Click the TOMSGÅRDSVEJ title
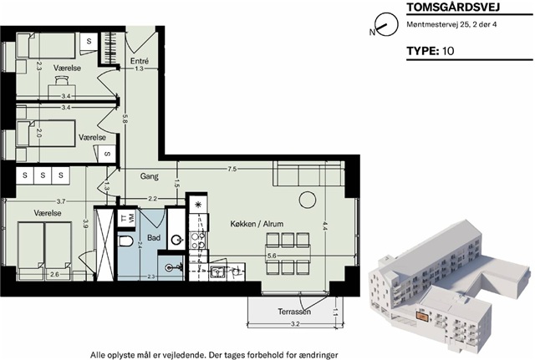tap(453, 7)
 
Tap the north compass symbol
tap(386, 24)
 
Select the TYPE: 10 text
tap(431, 51)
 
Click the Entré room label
tap(140, 61)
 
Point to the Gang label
tap(149, 176)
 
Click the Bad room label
tap(154, 237)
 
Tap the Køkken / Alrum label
tap(257, 224)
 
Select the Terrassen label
tap(294, 312)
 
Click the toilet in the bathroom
tap(125, 241)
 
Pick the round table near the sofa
tap(308, 200)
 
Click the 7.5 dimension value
tap(232, 169)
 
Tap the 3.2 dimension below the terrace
tap(295, 324)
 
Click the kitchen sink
tap(217, 272)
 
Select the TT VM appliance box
tap(126, 217)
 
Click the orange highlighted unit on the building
tap(421, 317)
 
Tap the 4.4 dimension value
tap(324, 226)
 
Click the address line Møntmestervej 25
tap(451, 24)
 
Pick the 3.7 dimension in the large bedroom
tap(61, 201)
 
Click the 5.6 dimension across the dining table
tap(272, 256)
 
